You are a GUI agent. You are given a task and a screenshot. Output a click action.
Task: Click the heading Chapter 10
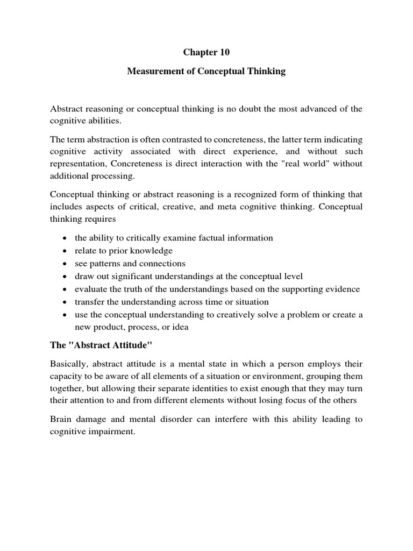[206, 53]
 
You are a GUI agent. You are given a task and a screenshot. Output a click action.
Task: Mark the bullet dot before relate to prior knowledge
[65, 251]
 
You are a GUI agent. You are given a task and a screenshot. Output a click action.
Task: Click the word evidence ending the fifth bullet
[343, 289]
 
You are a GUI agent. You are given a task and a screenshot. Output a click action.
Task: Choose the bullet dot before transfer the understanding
[65, 302]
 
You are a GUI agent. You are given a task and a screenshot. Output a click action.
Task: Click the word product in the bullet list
[109, 328]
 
